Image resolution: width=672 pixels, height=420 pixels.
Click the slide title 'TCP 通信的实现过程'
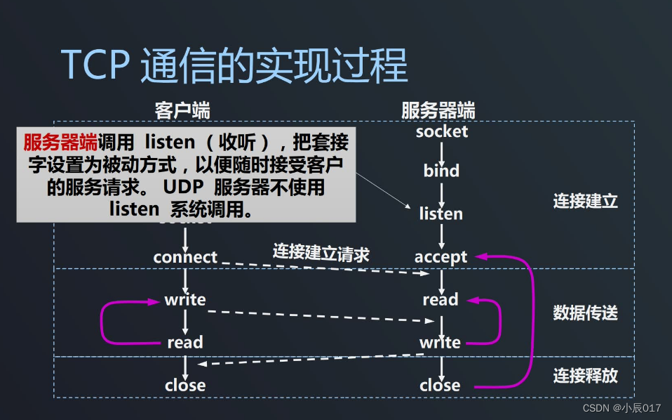coord(234,67)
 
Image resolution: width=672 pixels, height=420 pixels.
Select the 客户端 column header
coord(182,110)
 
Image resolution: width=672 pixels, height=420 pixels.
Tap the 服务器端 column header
coord(438,110)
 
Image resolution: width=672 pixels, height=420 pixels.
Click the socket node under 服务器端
coord(441,131)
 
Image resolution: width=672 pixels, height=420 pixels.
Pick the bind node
coord(441,171)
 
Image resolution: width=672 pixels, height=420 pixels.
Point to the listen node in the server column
coord(441,214)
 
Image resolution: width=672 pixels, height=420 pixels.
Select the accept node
coord(441,257)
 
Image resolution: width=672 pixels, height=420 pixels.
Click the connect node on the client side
coord(185,257)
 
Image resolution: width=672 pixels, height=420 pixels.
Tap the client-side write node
coord(185,300)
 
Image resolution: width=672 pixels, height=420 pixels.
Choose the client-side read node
coord(185,343)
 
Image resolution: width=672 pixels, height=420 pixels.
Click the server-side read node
coord(441,300)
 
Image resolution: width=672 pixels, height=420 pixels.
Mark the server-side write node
coord(441,343)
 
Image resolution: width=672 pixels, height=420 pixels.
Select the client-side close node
coord(185,386)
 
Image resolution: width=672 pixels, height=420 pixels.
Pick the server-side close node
coord(441,386)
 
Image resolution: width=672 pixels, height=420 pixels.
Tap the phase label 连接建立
coord(585,201)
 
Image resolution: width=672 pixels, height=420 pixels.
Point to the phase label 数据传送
coord(585,313)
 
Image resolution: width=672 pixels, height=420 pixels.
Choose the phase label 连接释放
coord(585,375)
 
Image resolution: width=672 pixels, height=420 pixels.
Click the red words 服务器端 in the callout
coord(60,143)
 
